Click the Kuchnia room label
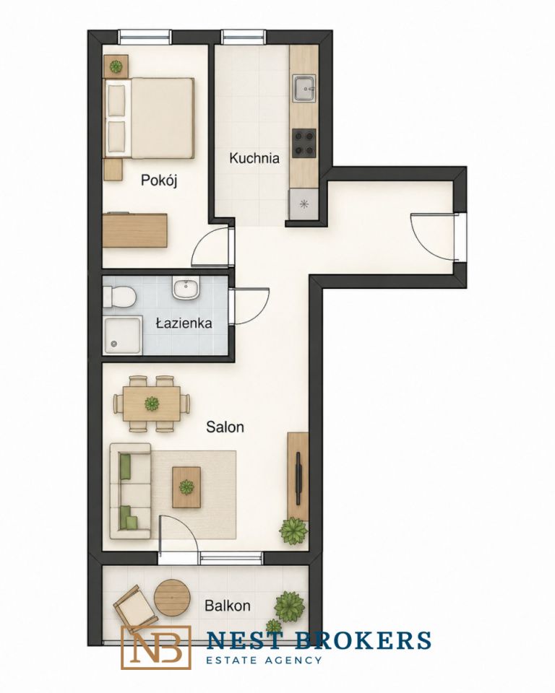[254, 158]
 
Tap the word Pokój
[159, 180]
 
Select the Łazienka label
[184, 323]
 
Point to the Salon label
[225, 427]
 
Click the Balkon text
[228, 605]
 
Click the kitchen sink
[304, 87]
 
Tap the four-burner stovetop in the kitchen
[304, 143]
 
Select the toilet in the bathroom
[119, 296]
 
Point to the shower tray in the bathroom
[124, 334]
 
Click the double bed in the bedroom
[149, 118]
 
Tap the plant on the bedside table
[116, 66]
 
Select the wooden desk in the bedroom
[135, 231]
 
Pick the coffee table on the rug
[186, 487]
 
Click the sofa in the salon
[131, 491]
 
